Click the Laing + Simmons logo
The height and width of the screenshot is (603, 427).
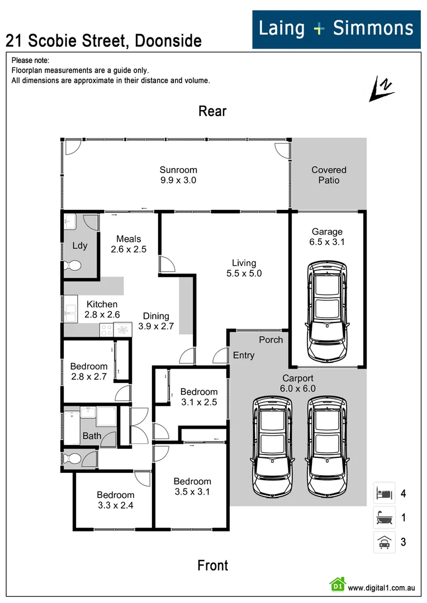pos(336,29)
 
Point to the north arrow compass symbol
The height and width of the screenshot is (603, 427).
pos(382,88)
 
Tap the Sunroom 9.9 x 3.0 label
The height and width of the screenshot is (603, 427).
pos(178,175)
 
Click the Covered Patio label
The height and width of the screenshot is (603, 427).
pos(329,175)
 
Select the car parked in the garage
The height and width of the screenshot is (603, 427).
pos(328,312)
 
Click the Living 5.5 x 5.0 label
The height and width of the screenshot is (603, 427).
pos(244,268)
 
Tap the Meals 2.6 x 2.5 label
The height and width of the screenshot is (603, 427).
pos(129,244)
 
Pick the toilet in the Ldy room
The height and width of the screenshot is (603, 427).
pos(72,265)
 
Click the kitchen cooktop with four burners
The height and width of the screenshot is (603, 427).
pos(107,330)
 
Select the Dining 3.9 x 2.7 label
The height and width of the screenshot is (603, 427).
pos(156,320)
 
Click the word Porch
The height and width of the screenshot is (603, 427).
pos(271,339)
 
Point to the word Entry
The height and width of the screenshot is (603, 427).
pos(244,355)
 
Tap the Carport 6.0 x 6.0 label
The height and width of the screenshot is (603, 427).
pos(298,383)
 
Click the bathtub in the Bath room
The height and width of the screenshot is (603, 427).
pos(72,428)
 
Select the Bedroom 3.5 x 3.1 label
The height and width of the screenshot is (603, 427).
pos(192,486)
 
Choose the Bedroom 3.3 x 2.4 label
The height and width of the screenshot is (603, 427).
pos(116,500)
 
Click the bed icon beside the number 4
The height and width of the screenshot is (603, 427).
pos(385,493)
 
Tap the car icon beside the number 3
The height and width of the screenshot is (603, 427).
pos(385,542)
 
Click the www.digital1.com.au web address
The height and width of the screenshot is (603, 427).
pos(382,587)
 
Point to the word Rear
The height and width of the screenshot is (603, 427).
pos(212,111)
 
